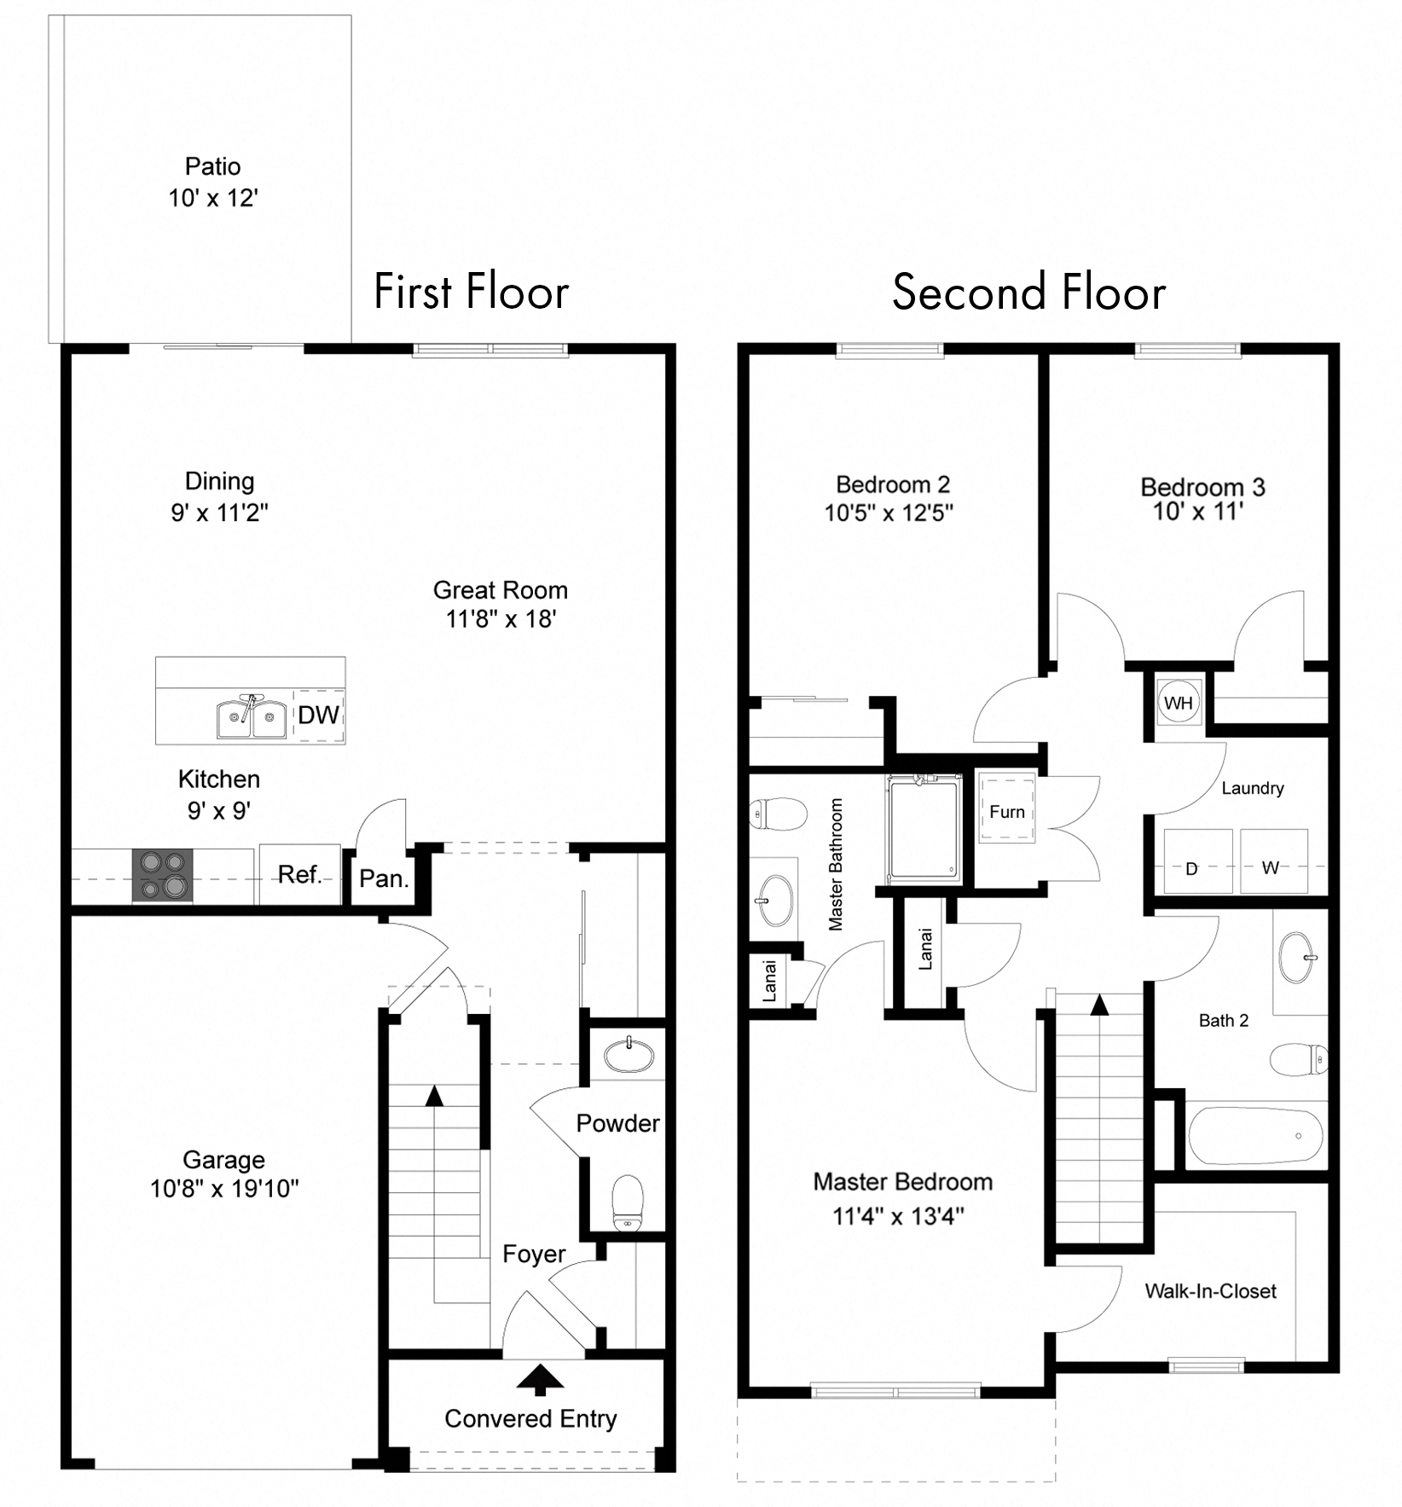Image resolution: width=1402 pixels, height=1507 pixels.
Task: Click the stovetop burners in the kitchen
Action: [162, 875]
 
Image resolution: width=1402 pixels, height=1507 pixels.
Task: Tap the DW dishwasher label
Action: [318, 715]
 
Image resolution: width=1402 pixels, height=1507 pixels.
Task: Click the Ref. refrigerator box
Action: [298, 874]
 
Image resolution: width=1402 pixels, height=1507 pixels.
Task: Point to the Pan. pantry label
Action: [384, 878]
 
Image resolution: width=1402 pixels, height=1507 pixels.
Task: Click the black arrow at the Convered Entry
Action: [539, 1380]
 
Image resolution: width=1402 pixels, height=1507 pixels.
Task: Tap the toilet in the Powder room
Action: [628, 1203]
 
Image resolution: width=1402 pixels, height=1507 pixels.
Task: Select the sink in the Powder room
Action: [629, 1055]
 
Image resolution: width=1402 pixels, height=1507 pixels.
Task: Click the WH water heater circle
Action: [1179, 703]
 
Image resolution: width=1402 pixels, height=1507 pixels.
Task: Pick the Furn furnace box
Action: [1007, 811]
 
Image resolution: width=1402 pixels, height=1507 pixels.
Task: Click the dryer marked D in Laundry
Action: [1192, 861]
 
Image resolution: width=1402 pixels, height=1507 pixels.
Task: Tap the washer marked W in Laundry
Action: [1272, 861]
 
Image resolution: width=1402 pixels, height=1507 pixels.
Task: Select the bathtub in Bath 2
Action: [1255, 1135]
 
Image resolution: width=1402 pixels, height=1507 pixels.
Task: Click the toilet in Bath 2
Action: [1298, 1059]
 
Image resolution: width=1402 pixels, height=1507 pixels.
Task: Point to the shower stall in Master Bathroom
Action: [923, 827]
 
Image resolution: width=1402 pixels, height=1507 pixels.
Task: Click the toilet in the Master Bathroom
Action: [777, 814]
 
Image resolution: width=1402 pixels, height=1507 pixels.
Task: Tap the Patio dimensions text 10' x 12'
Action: [212, 198]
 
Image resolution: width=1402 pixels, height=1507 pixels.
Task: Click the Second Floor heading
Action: [1028, 293]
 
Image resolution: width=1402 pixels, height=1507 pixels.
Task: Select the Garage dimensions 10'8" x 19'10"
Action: [224, 1188]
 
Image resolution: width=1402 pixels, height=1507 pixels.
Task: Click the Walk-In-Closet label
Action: [1210, 1290]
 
